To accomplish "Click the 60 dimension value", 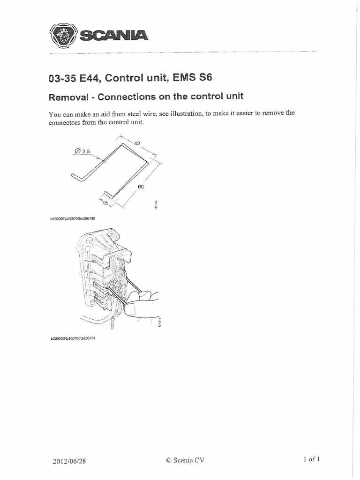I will (x=140, y=186).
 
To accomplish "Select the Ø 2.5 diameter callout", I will (x=82, y=151).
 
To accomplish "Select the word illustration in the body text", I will (x=183, y=114).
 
